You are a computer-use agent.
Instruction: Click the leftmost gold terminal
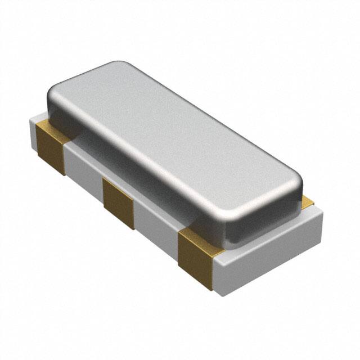[51, 145]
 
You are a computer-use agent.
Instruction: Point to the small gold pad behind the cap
[307, 200]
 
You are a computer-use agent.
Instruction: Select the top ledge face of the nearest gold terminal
[194, 236]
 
